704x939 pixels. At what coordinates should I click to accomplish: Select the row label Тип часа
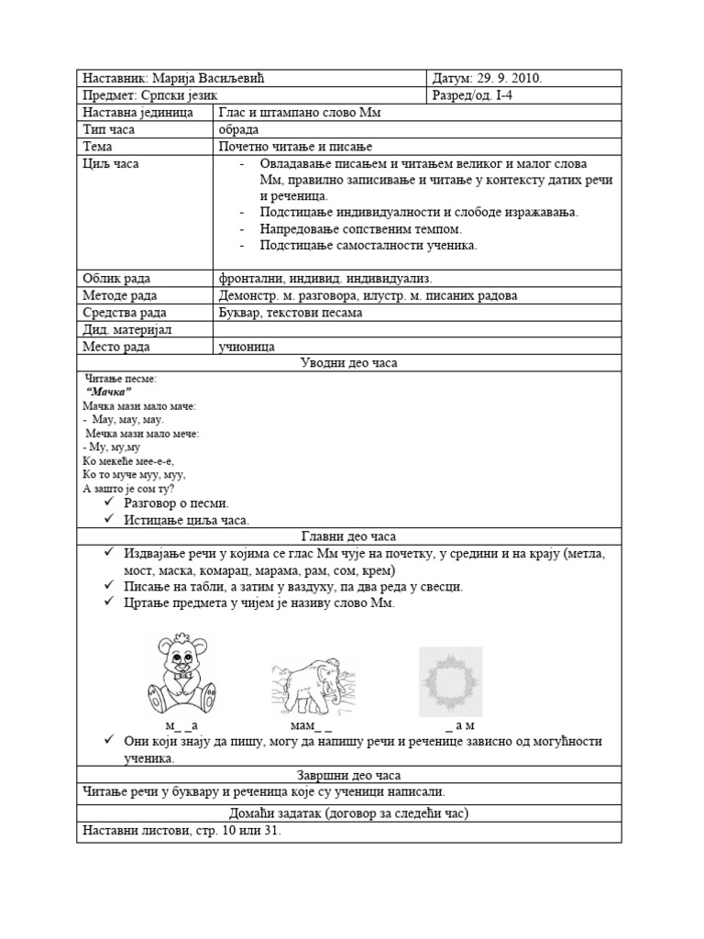tap(109, 129)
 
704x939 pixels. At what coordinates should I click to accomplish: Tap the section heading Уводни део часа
tap(349, 363)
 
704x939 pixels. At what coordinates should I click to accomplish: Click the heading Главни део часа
tap(349, 536)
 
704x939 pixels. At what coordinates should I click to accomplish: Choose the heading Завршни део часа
tap(349, 775)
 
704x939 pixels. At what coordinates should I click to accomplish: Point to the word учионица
tap(247, 347)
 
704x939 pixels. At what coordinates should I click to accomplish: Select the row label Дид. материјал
tap(128, 329)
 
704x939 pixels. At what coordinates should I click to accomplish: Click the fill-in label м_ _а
tap(181, 725)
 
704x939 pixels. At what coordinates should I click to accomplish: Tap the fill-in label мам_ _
tap(311, 725)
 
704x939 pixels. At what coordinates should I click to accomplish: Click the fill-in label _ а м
tap(458, 725)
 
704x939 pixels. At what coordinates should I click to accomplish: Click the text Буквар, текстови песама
tap(291, 312)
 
